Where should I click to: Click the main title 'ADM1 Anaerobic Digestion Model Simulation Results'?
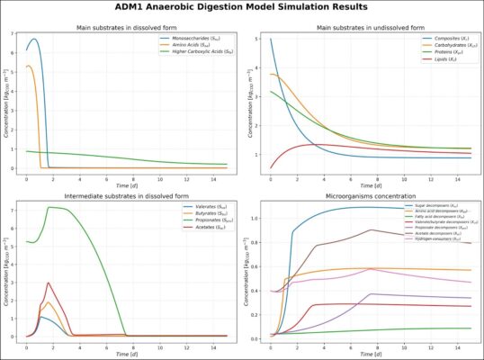click(x=242, y=8)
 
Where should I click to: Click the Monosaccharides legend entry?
click(x=197, y=39)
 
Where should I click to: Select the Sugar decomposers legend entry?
click(x=437, y=207)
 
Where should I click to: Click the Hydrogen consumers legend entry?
click(x=435, y=239)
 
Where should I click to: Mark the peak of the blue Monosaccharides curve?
click(x=34, y=40)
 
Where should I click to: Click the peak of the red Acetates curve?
click(x=48, y=283)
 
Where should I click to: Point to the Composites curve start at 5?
click(x=270, y=40)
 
